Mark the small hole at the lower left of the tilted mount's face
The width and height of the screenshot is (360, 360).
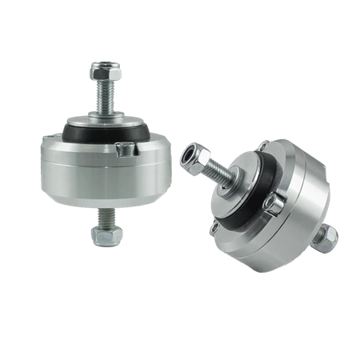click(214, 229)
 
